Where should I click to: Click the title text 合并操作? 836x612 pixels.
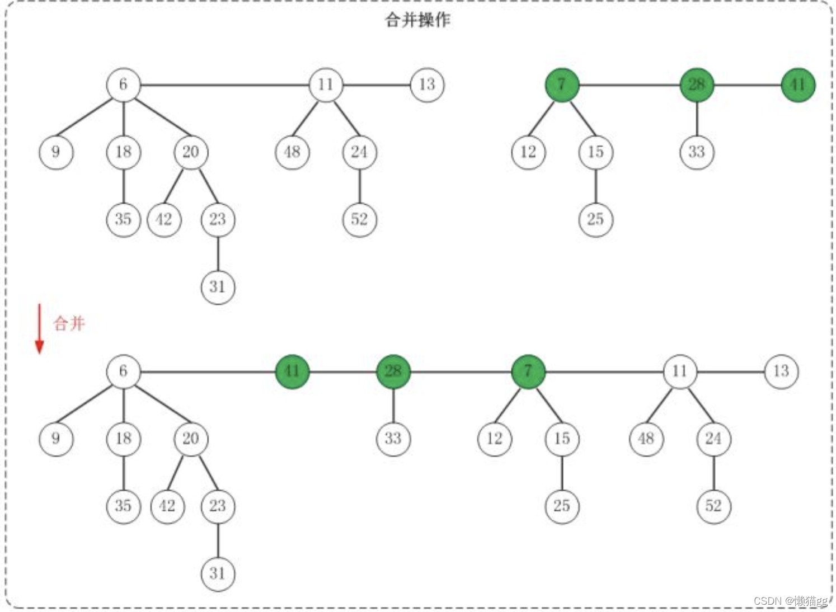(x=417, y=20)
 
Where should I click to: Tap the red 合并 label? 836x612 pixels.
(x=69, y=323)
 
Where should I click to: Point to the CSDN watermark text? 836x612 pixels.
(x=790, y=601)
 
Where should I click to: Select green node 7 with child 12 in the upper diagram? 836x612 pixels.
(x=561, y=85)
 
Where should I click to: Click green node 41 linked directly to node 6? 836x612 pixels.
(x=292, y=371)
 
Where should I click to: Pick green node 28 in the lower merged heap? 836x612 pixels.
(x=393, y=371)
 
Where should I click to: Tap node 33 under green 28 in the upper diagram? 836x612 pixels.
(x=697, y=152)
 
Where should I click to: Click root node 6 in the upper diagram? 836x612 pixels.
(x=123, y=85)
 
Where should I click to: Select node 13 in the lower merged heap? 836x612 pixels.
(x=781, y=371)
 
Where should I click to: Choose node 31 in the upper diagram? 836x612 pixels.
(x=218, y=287)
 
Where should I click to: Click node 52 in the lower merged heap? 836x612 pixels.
(x=713, y=506)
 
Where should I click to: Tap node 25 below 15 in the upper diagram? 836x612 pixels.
(x=595, y=219)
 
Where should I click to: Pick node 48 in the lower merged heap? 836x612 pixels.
(x=646, y=439)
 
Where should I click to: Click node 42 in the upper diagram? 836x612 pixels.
(x=164, y=219)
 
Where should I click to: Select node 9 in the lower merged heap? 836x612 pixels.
(x=56, y=439)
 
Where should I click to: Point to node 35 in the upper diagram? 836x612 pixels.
(x=123, y=219)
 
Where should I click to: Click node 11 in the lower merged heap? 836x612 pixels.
(x=680, y=371)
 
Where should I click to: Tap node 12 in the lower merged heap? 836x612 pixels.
(x=495, y=439)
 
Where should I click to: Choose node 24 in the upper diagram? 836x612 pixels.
(x=359, y=152)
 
